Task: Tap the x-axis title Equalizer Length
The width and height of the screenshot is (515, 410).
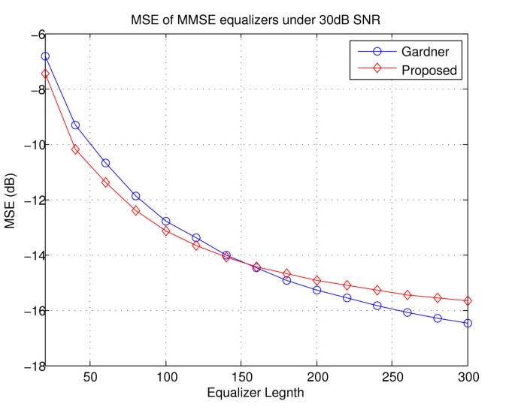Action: (x=256, y=391)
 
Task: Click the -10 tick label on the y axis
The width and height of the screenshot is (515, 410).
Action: (x=26, y=145)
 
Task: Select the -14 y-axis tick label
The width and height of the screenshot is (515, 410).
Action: (x=26, y=255)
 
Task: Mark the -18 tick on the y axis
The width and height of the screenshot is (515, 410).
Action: (x=26, y=366)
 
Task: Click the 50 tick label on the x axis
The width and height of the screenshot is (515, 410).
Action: (x=90, y=377)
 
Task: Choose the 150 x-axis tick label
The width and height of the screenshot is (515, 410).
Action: (x=241, y=377)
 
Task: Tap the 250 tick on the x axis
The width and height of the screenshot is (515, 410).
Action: (x=392, y=377)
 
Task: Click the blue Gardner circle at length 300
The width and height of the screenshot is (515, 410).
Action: (x=468, y=323)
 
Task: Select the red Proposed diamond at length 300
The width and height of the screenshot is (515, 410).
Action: (x=468, y=300)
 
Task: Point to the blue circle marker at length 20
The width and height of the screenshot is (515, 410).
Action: (x=45, y=56)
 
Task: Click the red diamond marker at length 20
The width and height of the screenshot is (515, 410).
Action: (x=45, y=74)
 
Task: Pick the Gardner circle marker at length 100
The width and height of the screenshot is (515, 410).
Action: (x=166, y=221)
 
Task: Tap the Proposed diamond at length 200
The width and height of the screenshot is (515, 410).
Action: (x=317, y=280)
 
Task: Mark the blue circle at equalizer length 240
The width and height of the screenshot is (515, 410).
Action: (x=377, y=306)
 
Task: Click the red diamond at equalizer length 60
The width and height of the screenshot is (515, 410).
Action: (x=105, y=182)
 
